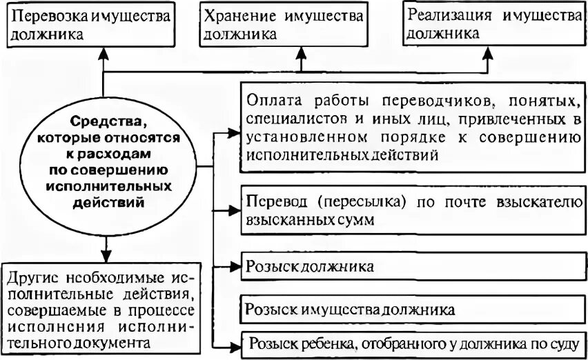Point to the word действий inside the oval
click(x=104, y=203)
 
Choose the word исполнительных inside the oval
click(x=104, y=187)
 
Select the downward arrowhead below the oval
click(x=103, y=250)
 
